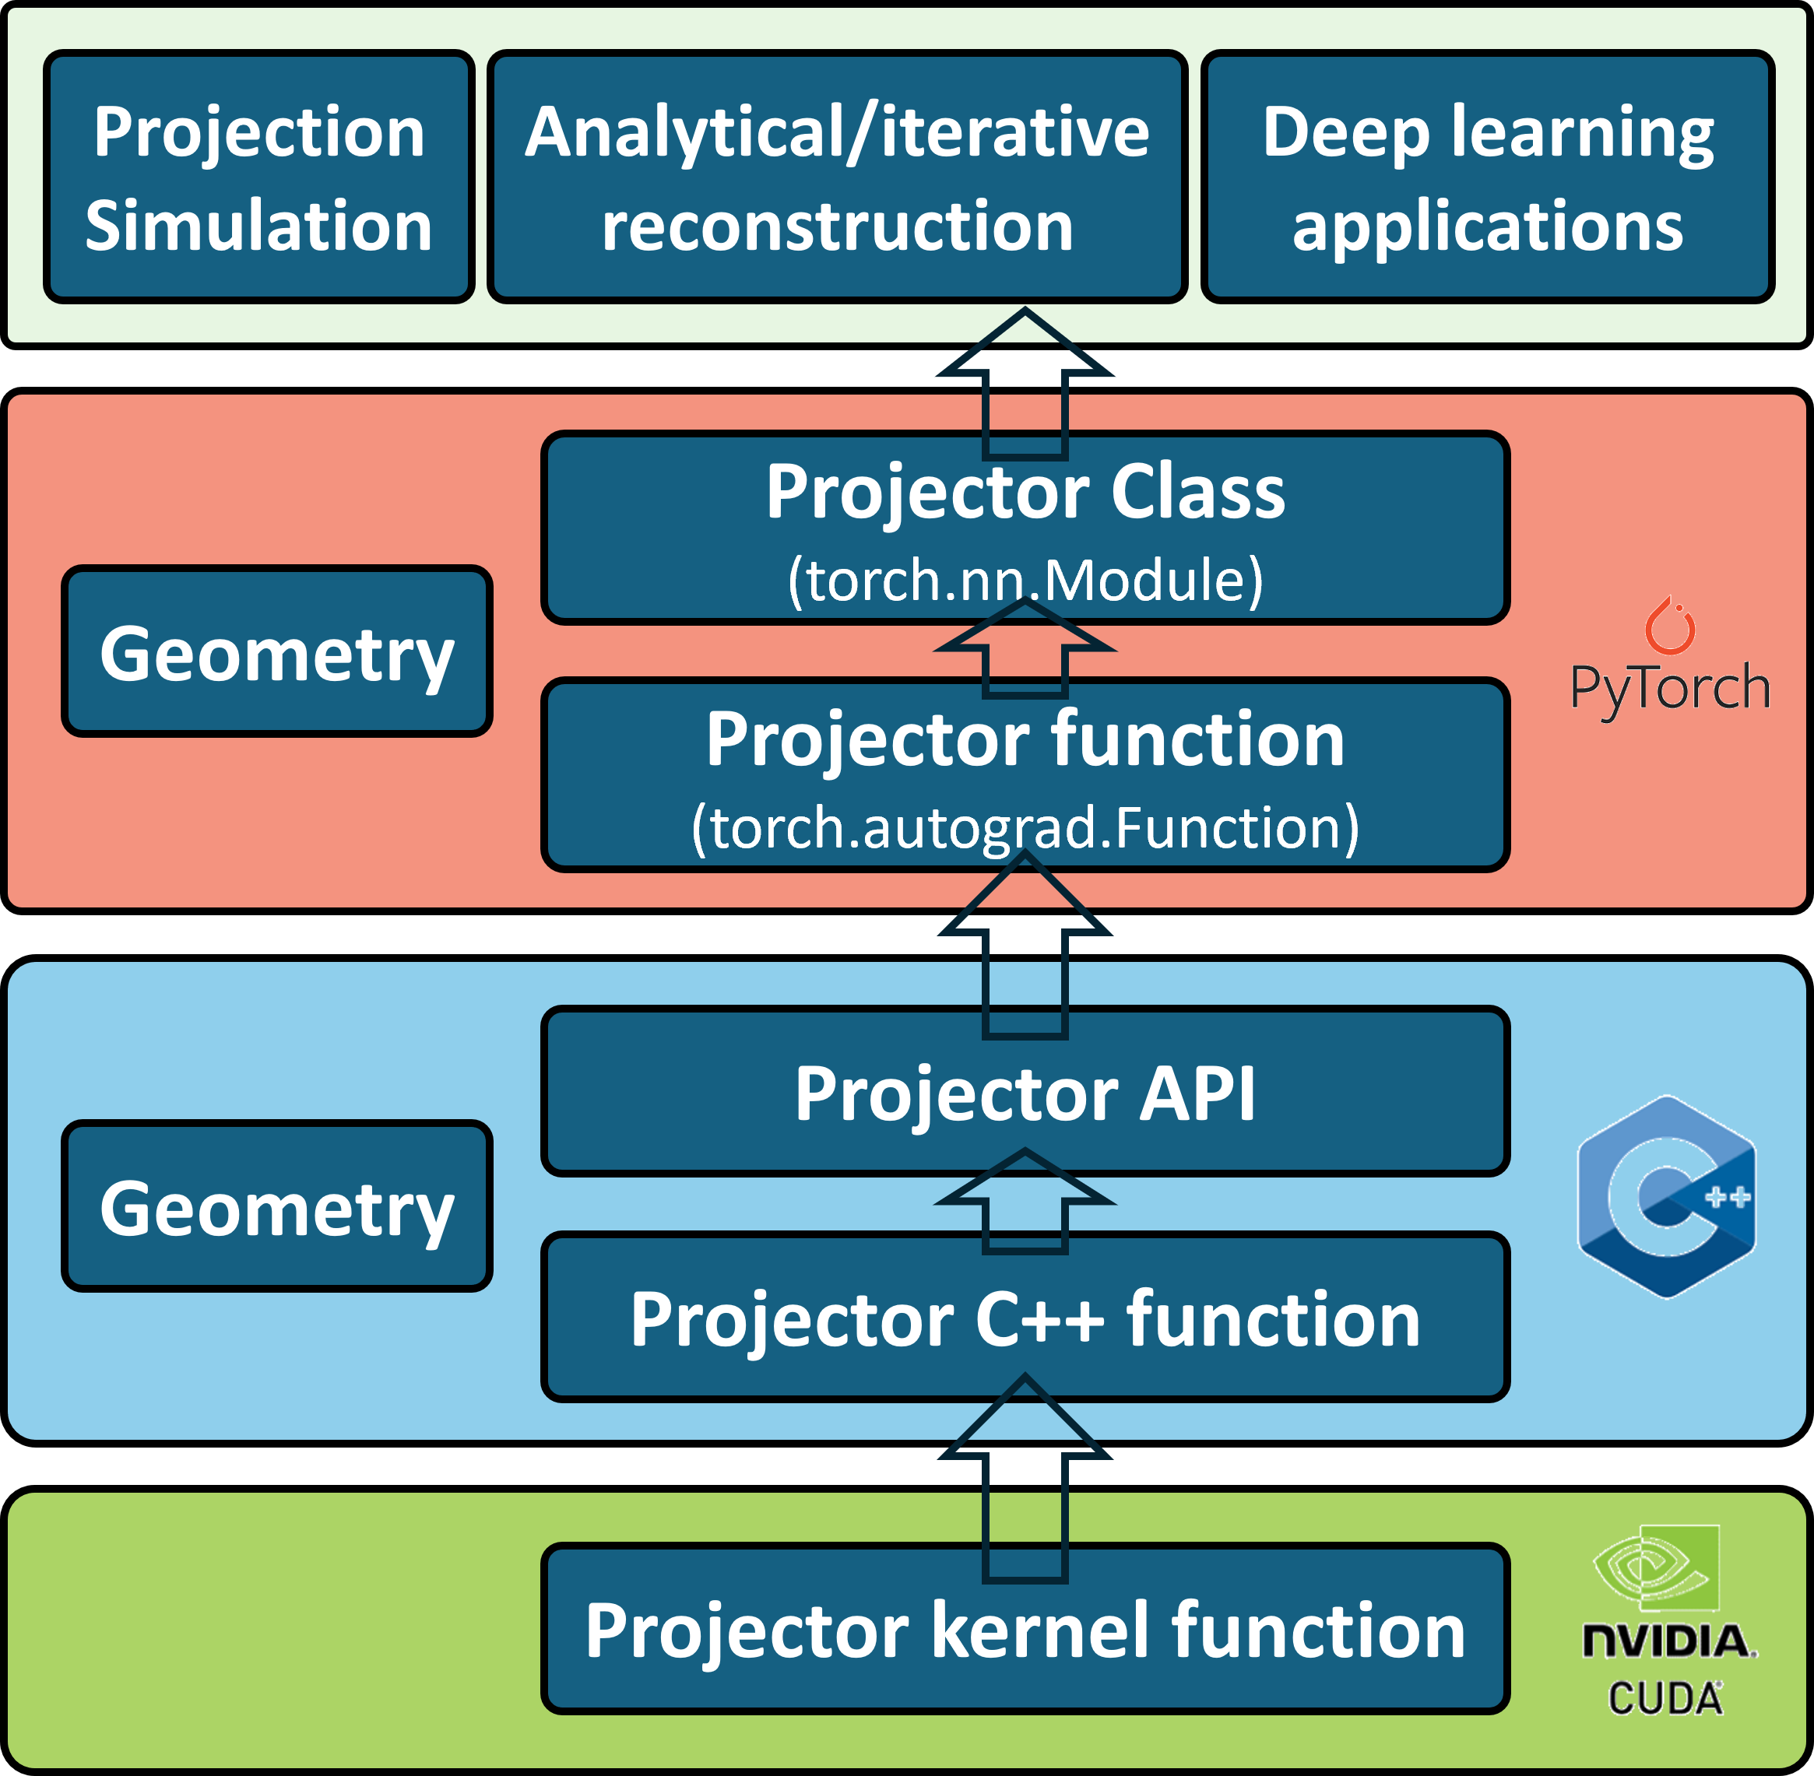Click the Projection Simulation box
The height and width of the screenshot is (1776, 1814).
tap(258, 177)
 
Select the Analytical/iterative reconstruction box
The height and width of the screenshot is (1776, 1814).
tap(837, 177)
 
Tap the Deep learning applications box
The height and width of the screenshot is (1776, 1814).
tap(1488, 177)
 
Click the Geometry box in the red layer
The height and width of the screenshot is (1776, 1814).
tap(277, 651)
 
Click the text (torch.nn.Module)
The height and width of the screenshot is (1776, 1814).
tap(1025, 579)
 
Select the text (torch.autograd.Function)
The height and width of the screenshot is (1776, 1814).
tap(1025, 827)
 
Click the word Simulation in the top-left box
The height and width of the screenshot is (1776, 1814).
tap(258, 225)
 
